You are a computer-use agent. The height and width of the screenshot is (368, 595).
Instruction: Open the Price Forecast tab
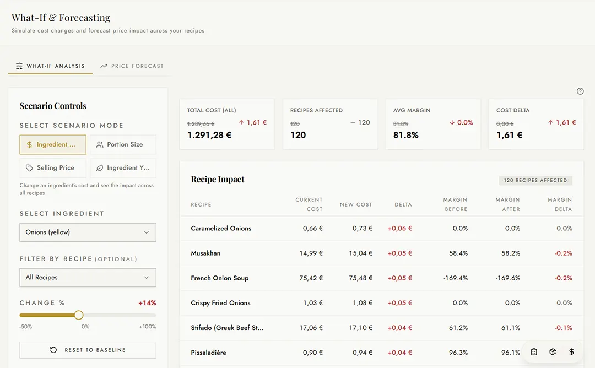click(132, 66)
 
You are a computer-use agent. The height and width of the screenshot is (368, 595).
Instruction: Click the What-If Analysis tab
click(50, 66)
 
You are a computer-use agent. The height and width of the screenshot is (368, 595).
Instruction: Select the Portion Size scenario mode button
click(123, 144)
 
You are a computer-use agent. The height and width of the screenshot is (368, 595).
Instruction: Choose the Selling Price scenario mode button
click(52, 168)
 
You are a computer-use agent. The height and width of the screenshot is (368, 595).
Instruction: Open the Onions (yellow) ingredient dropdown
click(88, 232)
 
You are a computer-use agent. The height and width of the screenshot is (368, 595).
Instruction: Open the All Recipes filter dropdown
click(88, 278)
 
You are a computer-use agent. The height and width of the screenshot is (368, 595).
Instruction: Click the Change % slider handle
click(79, 315)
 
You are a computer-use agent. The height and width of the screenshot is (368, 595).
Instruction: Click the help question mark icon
click(580, 91)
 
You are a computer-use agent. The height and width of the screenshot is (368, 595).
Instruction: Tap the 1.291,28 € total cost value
click(209, 135)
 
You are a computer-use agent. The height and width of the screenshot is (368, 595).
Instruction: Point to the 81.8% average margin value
click(406, 135)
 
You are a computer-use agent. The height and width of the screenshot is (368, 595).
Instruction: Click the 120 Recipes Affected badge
click(535, 180)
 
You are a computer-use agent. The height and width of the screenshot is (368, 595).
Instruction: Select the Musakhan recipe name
click(205, 253)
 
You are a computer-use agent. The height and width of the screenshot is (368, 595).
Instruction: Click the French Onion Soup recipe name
click(219, 278)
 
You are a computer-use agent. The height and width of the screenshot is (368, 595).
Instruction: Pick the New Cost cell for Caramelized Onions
click(362, 229)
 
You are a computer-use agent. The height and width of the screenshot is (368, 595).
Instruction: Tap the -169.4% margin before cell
click(455, 278)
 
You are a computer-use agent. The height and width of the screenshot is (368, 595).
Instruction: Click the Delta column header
click(403, 205)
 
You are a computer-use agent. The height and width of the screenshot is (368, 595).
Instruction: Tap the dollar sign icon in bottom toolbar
click(571, 352)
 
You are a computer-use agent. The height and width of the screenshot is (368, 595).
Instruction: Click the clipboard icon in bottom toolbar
click(534, 352)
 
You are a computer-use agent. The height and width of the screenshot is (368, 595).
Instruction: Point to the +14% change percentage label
click(147, 303)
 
